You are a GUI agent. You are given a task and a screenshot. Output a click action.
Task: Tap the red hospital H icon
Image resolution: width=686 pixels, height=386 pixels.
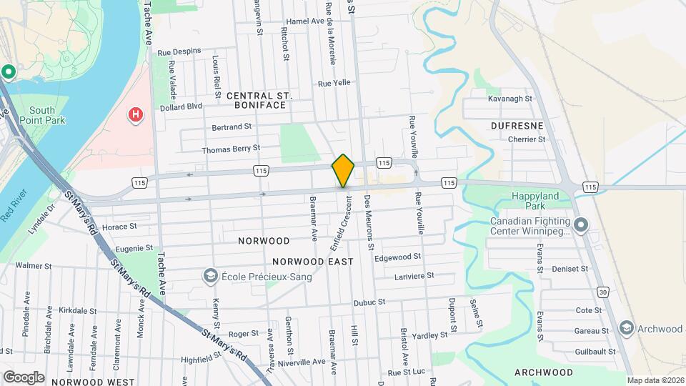tap(134, 114)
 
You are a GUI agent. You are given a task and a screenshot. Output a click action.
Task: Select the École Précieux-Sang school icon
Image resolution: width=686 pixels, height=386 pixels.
tap(210, 276)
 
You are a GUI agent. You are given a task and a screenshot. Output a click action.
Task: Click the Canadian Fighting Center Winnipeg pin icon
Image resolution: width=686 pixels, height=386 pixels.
tap(581, 226)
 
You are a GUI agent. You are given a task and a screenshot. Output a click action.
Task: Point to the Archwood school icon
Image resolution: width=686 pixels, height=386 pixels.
tap(626, 328)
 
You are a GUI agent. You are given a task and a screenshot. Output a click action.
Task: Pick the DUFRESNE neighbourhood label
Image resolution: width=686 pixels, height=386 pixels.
tap(517, 126)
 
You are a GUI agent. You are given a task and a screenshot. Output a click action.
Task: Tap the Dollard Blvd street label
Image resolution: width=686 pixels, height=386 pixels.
tap(182, 107)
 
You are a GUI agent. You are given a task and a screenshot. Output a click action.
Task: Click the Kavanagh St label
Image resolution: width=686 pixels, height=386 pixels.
tap(510, 99)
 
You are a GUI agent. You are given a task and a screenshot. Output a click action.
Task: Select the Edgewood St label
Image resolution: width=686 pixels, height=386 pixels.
tap(397, 257)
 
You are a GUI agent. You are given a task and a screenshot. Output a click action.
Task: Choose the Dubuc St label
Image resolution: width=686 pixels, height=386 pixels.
tap(369, 302)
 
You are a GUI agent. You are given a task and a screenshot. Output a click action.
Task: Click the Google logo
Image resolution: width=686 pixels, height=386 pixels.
tap(24, 377)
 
